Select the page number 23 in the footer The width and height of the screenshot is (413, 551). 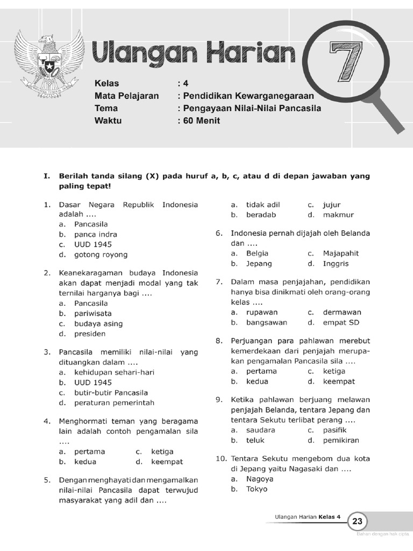point(358,521)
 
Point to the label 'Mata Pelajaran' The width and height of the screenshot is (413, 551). point(126,96)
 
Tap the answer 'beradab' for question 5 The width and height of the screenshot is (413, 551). point(261,215)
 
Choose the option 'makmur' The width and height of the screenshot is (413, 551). point(338,215)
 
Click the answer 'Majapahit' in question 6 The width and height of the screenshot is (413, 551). point(341,253)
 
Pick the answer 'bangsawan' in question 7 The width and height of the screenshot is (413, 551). point(267,322)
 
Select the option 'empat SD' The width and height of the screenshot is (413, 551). point(341,322)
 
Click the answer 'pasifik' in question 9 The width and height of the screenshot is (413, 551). point(334,430)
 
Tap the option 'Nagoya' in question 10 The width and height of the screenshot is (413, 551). point(260,478)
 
